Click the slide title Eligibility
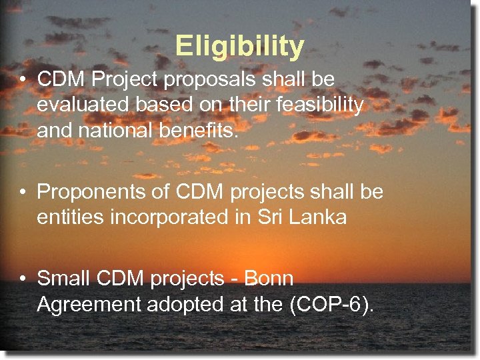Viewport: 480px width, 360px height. [240, 46]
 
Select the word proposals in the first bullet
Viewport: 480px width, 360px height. [203, 80]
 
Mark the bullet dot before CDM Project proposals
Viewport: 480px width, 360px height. [23, 80]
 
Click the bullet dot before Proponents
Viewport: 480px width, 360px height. [23, 192]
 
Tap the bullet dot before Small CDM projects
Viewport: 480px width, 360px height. [23, 279]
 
